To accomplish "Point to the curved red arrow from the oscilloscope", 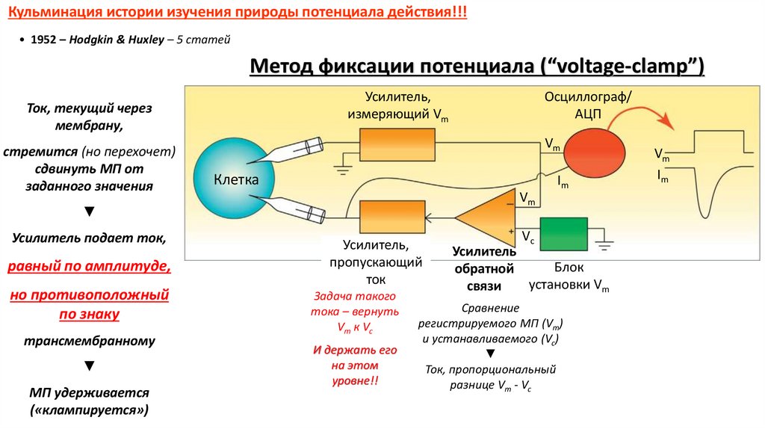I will pyautogui.click(x=639, y=116).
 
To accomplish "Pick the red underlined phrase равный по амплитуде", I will pyautogui.click(x=89, y=266).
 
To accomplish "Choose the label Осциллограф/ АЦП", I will pyautogui.click(x=588, y=105).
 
